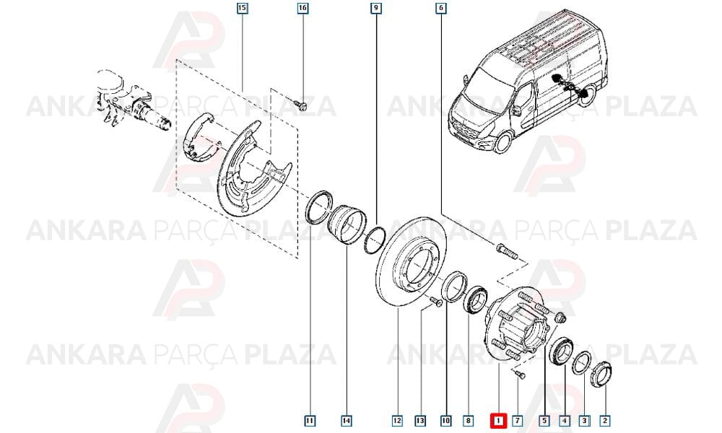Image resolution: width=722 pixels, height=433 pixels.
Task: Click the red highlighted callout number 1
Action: tap(498, 420)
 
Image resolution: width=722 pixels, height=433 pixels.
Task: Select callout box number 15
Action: tap(242, 8)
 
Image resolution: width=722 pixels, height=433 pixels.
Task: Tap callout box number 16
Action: tap(303, 8)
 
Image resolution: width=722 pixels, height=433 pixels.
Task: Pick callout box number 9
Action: tap(376, 8)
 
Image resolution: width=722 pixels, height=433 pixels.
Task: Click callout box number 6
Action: tap(441, 8)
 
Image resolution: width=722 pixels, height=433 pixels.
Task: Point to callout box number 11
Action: tap(310, 420)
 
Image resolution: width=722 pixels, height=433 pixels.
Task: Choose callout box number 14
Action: tap(347, 420)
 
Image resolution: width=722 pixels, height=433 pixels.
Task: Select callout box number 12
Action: tap(397, 420)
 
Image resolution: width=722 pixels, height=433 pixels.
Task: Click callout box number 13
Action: tap(420, 420)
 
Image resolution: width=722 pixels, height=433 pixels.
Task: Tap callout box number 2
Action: tap(605, 420)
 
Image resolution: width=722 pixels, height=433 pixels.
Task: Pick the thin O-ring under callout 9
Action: tap(374, 240)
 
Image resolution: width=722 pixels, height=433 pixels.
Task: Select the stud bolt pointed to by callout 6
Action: tap(507, 251)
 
